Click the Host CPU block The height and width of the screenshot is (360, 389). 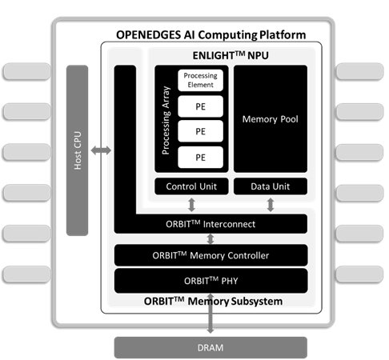click(77, 150)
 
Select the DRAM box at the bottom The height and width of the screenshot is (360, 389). click(211, 347)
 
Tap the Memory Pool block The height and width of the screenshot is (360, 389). click(271, 118)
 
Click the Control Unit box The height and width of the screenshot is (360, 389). click(191, 186)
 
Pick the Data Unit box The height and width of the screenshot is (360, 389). click(271, 186)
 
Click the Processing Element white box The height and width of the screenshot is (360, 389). click(200, 80)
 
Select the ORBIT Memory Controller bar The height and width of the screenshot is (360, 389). click(211, 255)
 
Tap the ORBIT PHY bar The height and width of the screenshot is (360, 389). click(211, 281)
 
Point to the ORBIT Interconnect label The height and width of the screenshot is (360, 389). click(211, 224)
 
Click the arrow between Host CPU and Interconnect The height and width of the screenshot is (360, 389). click(101, 150)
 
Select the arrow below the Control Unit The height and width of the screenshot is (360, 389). click(191, 205)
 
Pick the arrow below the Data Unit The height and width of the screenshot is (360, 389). click(271, 205)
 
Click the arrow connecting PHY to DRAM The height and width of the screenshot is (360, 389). click(211, 314)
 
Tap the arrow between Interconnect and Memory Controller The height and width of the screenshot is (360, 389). click(211, 239)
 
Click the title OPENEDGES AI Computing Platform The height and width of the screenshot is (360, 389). click(211, 35)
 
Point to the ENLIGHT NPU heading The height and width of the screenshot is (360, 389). click(231, 55)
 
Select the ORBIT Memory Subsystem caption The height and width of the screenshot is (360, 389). click(213, 301)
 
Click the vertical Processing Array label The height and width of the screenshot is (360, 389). click(166, 120)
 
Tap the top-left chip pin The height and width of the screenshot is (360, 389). click(26, 71)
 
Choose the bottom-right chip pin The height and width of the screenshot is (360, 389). click(359, 274)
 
